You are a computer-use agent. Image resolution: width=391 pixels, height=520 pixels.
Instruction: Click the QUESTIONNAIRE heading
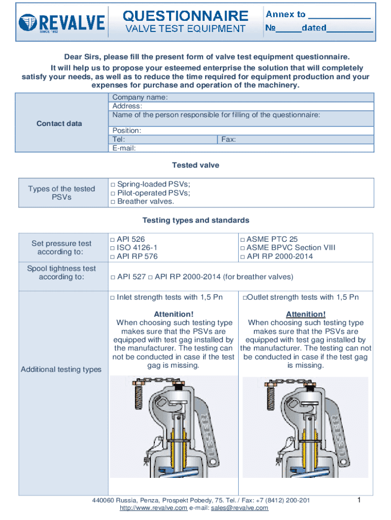(x=186, y=16)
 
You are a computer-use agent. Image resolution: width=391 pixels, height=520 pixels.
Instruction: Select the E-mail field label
(x=124, y=148)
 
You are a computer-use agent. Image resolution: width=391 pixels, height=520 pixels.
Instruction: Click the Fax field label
(x=229, y=139)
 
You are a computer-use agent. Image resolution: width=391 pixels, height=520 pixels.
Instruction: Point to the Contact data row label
(x=59, y=123)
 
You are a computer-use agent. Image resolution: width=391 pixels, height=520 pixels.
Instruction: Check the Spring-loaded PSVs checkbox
(x=113, y=185)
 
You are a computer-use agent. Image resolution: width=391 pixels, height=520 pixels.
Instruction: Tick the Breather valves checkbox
(x=113, y=202)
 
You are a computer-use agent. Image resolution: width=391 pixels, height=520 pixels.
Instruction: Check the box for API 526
(x=113, y=239)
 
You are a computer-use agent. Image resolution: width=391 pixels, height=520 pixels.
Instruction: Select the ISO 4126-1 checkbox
(x=113, y=248)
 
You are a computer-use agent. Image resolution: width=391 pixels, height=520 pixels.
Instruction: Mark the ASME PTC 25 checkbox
(x=243, y=239)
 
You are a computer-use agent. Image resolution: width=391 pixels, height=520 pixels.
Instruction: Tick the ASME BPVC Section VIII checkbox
(x=243, y=248)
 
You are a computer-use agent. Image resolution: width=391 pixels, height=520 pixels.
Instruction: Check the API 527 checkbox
(x=113, y=277)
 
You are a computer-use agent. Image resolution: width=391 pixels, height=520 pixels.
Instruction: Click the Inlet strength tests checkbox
(x=113, y=298)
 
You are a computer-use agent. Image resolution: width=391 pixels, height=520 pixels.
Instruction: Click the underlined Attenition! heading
(x=306, y=314)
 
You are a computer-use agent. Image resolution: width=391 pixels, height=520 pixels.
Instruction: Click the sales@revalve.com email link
(x=240, y=508)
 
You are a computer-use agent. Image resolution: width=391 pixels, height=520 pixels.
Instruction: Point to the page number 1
(x=359, y=501)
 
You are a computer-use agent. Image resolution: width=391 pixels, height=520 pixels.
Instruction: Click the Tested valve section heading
(x=195, y=166)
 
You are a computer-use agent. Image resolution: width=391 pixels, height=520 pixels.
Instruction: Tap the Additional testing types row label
(x=61, y=369)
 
